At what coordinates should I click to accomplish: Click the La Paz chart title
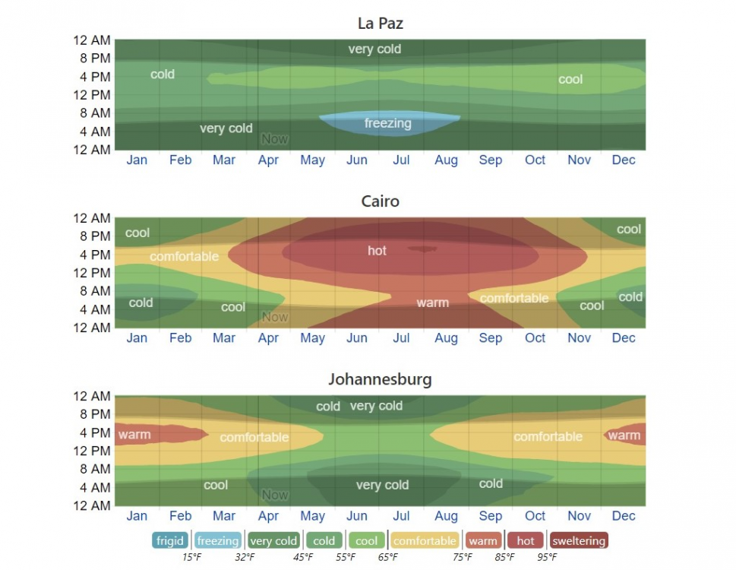point(380,24)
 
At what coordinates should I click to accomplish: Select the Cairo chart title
point(380,201)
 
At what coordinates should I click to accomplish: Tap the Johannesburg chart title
point(380,379)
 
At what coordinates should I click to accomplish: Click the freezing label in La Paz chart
point(387,123)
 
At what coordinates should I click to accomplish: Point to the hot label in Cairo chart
point(377,251)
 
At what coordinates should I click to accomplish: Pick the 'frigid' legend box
point(170,541)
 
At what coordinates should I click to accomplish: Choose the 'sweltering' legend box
point(579,541)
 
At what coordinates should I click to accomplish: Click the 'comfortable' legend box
point(425,541)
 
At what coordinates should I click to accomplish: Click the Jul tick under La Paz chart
point(401,160)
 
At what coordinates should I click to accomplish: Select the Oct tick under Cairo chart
point(535,338)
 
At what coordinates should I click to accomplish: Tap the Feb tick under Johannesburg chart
point(181,516)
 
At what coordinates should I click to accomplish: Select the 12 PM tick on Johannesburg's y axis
point(92,451)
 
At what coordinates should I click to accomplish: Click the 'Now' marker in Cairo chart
point(275,317)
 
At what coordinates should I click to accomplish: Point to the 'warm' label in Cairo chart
point(432,302)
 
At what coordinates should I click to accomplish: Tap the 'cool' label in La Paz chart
point(570,79)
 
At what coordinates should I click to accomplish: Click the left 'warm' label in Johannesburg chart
point(134,435)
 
